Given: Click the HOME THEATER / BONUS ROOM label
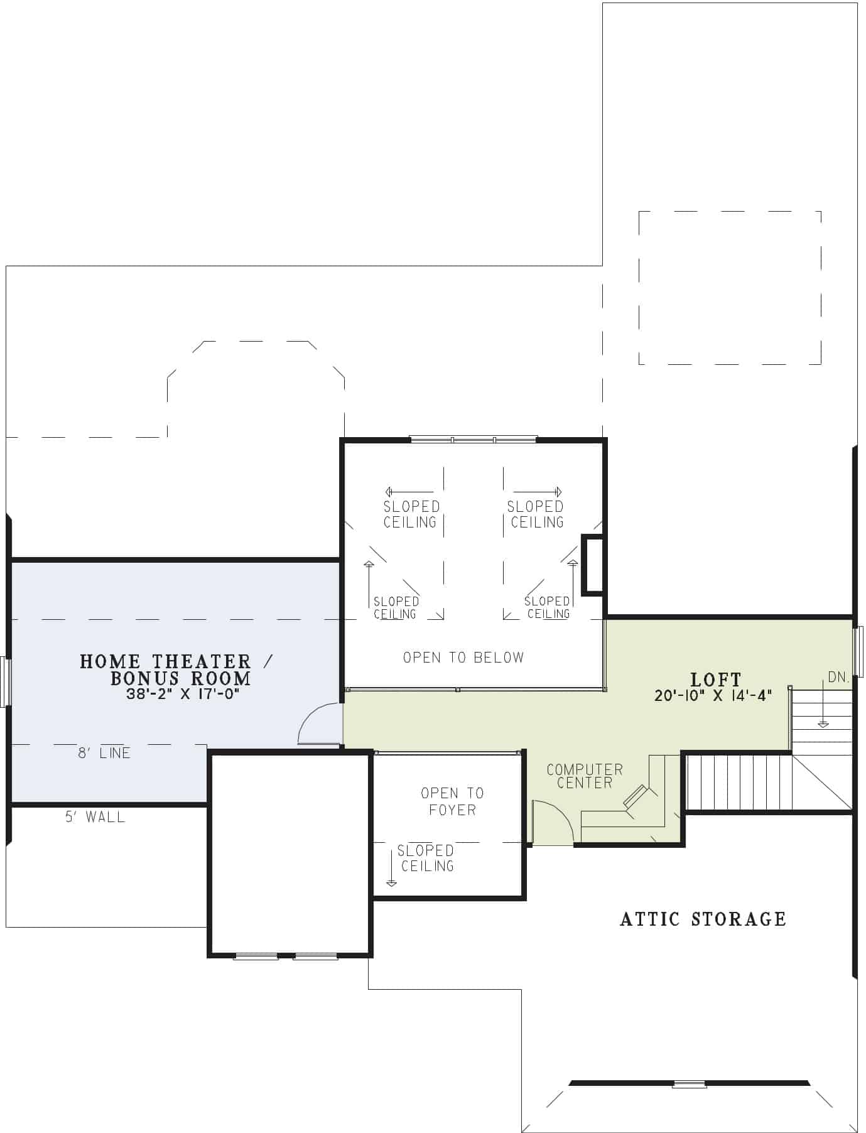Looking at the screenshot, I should pos(176,669).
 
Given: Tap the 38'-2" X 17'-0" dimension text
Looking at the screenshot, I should pos(183,695).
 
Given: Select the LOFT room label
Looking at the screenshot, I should pos(715,680).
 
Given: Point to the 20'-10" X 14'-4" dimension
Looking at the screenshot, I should pos(713,696).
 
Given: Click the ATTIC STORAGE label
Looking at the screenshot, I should pos(703,919).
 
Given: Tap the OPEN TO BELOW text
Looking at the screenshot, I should pos(463,658).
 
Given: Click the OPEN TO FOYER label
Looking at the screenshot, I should pos(452,801).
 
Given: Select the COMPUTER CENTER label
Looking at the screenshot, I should pos(585,776).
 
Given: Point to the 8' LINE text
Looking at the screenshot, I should pos(104,753).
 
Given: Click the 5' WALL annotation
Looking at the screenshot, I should pos(95,817).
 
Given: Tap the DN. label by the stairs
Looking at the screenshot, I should pos(838,678).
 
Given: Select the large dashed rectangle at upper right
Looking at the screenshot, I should pos(730,288).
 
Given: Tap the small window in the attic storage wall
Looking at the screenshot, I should pos(689,1084).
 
